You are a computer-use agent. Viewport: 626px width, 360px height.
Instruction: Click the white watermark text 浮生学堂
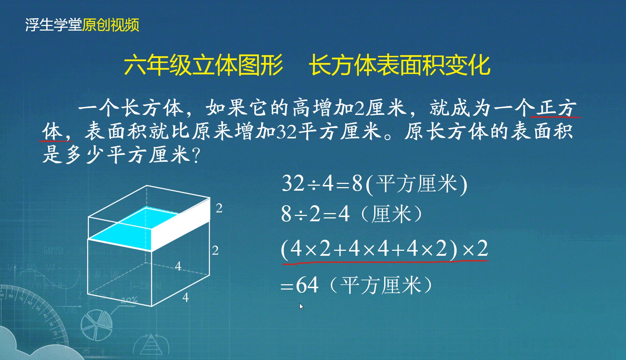53,25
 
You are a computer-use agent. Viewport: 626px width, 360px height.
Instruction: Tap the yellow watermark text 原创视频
111,25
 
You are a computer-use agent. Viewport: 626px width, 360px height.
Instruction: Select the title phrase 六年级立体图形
203,65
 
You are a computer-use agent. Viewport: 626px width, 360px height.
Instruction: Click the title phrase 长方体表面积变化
399,65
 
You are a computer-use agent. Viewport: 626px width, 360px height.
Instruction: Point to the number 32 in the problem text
286,131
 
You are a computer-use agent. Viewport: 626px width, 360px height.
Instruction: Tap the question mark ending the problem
196,155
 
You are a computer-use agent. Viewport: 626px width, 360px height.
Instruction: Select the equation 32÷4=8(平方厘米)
374,184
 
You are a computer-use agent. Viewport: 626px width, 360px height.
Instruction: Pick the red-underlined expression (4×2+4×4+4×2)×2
384,249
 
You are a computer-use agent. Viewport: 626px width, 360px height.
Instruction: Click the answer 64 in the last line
307,285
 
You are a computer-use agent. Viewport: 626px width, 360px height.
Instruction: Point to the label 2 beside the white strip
219,208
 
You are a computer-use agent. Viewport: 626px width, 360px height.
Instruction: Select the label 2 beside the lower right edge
215,251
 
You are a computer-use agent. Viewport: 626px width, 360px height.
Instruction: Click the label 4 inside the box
178,266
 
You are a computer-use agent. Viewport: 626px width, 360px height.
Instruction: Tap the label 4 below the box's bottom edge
185,297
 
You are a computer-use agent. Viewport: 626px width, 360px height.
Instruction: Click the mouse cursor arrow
301,306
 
